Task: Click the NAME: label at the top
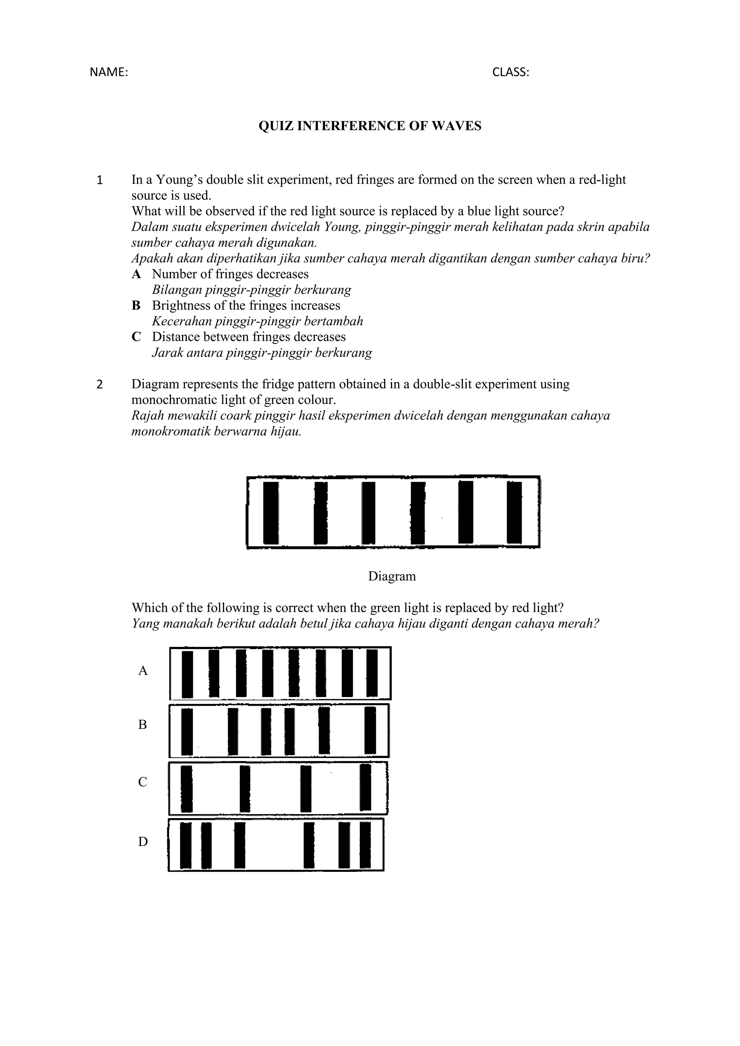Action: click(x=109, y=73)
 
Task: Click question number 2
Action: click(x=100, y=385)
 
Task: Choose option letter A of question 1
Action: click(x=136, y=274)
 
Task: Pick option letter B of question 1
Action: click(x=136, y=306)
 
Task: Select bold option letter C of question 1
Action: click(x=136, y=337)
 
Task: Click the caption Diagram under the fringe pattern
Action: click(x=392, y=576)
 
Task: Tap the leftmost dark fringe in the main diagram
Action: click(x=271, y=513)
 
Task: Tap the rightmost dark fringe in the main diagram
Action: click(x=515, y=513)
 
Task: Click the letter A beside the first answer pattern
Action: click(x=143, y=671)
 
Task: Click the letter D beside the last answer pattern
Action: click(x=143, y=842)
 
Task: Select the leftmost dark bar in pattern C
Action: click(x=186, y=789)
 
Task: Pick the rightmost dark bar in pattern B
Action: click(x=370, y=731)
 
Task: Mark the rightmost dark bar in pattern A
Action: click(x=372, y=673)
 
